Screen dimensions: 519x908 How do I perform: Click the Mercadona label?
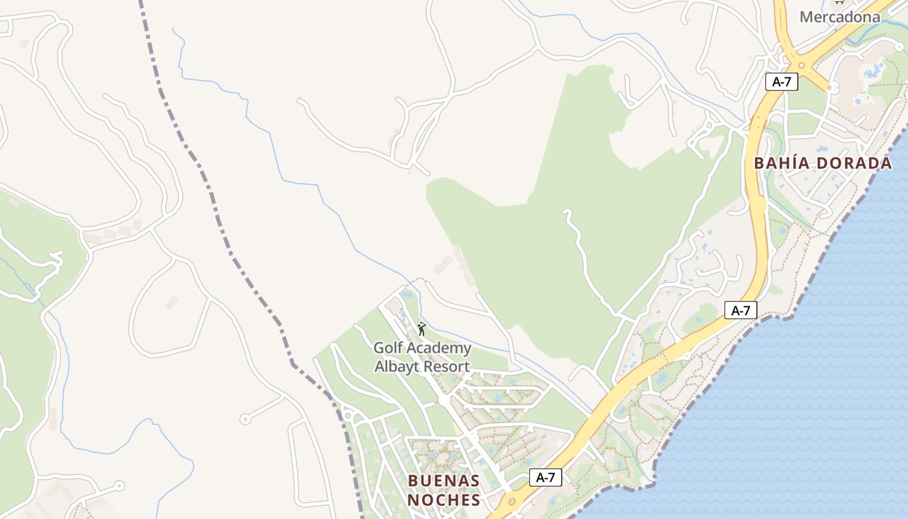(840, 17)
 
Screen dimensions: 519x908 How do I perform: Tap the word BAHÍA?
(783, 163)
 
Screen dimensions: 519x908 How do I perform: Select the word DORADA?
(854, 163)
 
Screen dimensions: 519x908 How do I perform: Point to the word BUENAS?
(444, 481)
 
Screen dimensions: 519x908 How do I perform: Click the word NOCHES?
(444, 500)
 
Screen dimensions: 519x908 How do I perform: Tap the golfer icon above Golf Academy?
(422, 329)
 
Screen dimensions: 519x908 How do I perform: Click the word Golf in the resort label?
(388, 348)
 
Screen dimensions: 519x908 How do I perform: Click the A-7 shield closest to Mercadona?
(781, 82)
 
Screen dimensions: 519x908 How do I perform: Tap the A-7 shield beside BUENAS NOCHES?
(545, 478)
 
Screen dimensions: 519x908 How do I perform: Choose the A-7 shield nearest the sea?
(741, 310)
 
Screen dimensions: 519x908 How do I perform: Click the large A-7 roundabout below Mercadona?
(802, 64)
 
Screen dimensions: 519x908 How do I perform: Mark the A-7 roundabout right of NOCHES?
(512, 501)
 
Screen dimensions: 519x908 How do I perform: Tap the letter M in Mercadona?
(806, 17)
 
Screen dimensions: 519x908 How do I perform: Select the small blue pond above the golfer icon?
(407, 295)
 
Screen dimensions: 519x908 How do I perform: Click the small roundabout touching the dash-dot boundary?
(348, 415)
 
